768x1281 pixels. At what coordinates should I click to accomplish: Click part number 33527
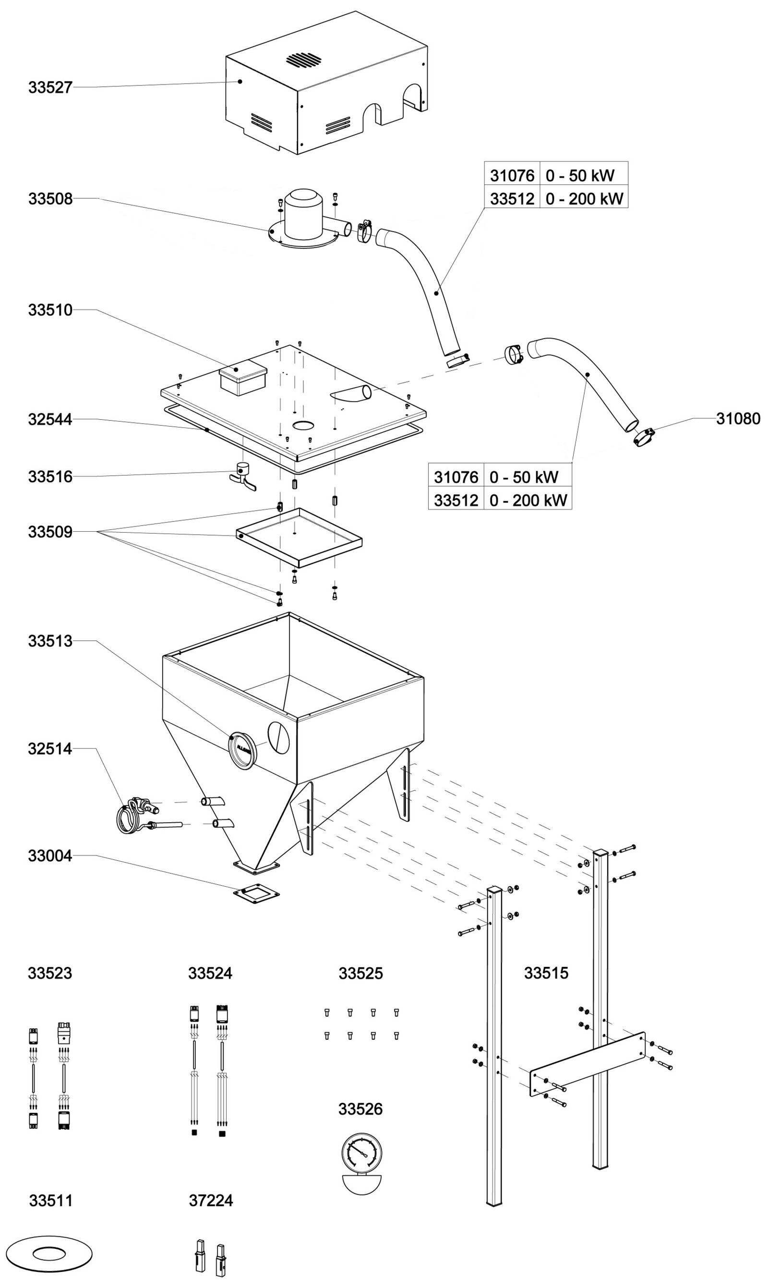click(x=50, y=87)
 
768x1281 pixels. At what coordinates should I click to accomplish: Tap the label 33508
click(x=50, y=198)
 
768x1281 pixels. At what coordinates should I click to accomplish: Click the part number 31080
click(x=738, y=418)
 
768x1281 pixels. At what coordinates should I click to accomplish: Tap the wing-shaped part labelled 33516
click(x=243, y=477)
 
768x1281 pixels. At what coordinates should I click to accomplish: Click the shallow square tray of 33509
click(x=299, y=537)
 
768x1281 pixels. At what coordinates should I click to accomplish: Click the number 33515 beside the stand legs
click(x=546, y=973)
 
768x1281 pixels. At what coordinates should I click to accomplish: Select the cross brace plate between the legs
click(x=588, y=1065)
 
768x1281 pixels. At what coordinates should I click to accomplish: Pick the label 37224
click(x=211, y=1200)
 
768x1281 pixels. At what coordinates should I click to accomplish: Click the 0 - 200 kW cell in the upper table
click(x=584, y=199)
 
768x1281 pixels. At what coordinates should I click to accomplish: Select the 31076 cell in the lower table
click(x=456, y=477)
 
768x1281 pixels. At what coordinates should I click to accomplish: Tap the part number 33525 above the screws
click(x=360, y=974)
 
